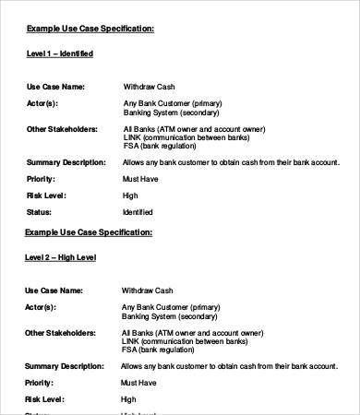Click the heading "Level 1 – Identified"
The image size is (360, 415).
pos(59,54)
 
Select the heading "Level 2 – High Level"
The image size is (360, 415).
pos(61,257)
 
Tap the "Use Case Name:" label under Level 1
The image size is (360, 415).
pos(55,86)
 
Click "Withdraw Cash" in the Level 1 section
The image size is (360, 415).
pos(148,86)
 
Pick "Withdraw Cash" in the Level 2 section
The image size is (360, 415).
pos(148,289)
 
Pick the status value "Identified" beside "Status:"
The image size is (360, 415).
pos(138,213)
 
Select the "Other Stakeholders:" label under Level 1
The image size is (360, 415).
pos(62,128)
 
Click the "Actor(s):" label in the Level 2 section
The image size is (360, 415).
pos(42,306)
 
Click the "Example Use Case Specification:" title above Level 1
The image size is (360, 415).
pos(90,29)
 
